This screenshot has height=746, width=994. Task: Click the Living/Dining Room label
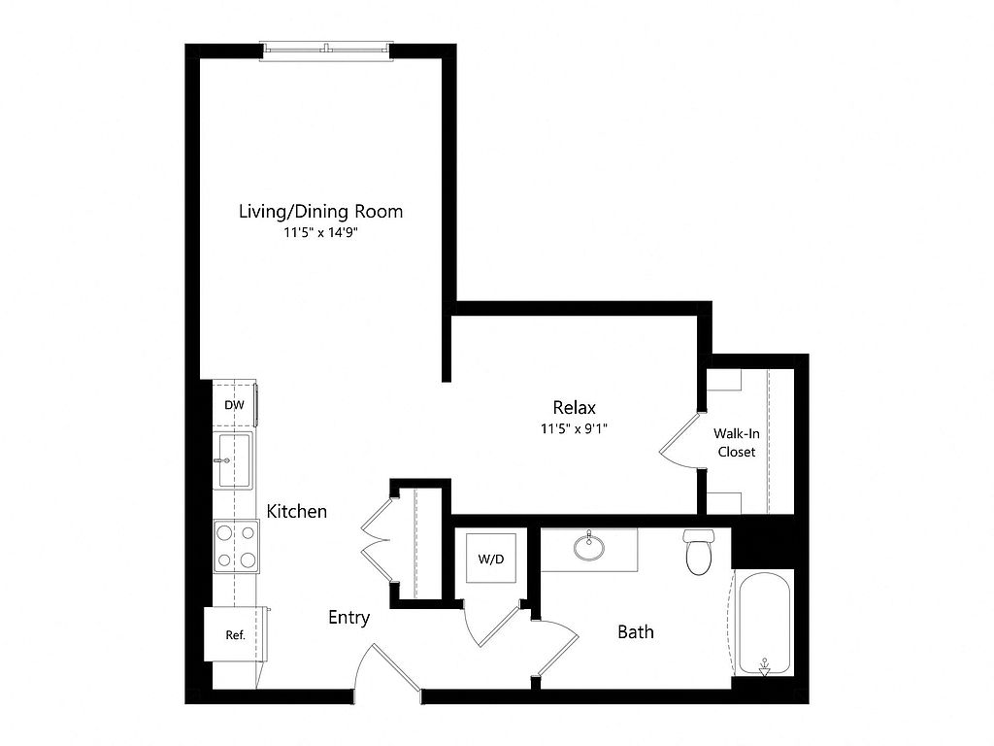(x=320, y=211)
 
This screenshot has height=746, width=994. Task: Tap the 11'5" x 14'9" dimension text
(x=320, y=233)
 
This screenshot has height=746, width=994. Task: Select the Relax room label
(x=575, y=407)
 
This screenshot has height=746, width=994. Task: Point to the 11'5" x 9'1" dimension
(x=574, y=428)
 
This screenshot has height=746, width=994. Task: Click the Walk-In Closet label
(x=737, y=443)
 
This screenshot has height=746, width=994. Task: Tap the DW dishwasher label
(x=234, y=405)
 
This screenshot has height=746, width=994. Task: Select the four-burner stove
(x=237, y=546)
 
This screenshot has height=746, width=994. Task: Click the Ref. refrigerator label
(x=235, y=635)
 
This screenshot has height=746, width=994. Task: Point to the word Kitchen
(x=297, y=511)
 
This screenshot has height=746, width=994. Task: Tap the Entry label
(x=349, y=617)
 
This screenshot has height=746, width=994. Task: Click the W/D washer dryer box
(x=491, y=559)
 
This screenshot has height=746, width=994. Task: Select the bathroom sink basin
(x=589, y=547)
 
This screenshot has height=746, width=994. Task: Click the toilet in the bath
(x=699, y=552)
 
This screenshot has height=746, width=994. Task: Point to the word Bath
(x=636, y=631)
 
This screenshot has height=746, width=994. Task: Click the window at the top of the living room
(x=327, y=51)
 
